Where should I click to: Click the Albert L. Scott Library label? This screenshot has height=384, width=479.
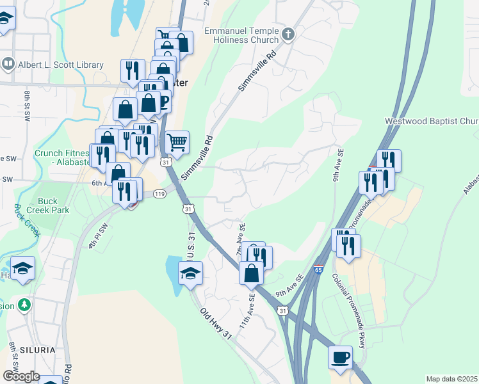pyautogui.click(x=60, y=65)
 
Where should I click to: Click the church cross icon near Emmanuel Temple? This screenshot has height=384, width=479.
pyautogui.click(x=288, y=33)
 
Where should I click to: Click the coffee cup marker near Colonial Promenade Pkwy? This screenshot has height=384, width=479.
pyautogui.click(x=340, y=356)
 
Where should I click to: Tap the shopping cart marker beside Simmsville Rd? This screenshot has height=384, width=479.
pyautogui.click(x=177, y=141)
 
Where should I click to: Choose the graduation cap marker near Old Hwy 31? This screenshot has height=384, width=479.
pyautogui.click(x=190, y=273)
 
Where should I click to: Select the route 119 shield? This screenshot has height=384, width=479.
pyautogui.click(x=159, y=193)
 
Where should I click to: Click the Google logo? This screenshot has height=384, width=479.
pyautogui.click(x=21, y=376)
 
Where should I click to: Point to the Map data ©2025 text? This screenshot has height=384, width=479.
pyautogui.click(x=451, y=379)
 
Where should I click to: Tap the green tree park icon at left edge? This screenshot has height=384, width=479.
pyautogui.click(x=24, y=305)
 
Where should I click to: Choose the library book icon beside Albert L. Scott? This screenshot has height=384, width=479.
pyautogui.click(x=8, y=64)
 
